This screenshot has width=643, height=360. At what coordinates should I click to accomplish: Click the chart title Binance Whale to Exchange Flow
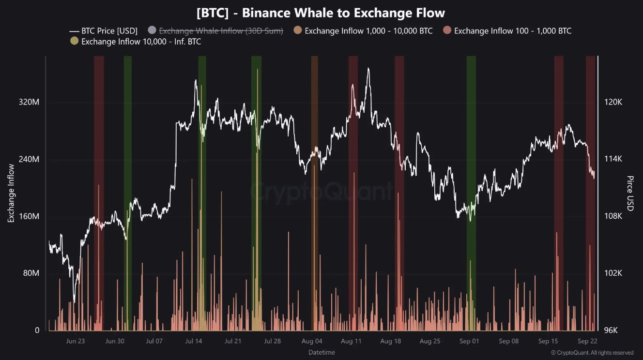click(321, 13)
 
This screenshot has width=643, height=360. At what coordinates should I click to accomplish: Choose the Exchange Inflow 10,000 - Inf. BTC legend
click(141, 42)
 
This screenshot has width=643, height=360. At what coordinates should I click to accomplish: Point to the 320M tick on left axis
click(29, 103)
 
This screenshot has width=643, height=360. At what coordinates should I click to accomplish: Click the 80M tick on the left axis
click(30, 273)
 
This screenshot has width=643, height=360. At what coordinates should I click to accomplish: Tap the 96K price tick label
click(611, 330)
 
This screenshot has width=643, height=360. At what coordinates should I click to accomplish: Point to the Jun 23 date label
click(75, 341)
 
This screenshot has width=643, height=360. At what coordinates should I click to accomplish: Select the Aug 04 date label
click(311, 341)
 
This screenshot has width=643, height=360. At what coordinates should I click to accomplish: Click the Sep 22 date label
click(587, 341)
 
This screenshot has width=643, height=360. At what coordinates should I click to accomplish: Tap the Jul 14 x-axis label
click(193, 341)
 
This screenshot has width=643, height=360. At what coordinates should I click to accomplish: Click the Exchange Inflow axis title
click(11, 193)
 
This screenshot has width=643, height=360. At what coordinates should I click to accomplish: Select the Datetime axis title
click(321, 352)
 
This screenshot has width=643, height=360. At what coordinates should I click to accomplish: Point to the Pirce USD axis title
click(630, 193)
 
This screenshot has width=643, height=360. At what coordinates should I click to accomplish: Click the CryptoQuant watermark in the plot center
click(321, 191)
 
